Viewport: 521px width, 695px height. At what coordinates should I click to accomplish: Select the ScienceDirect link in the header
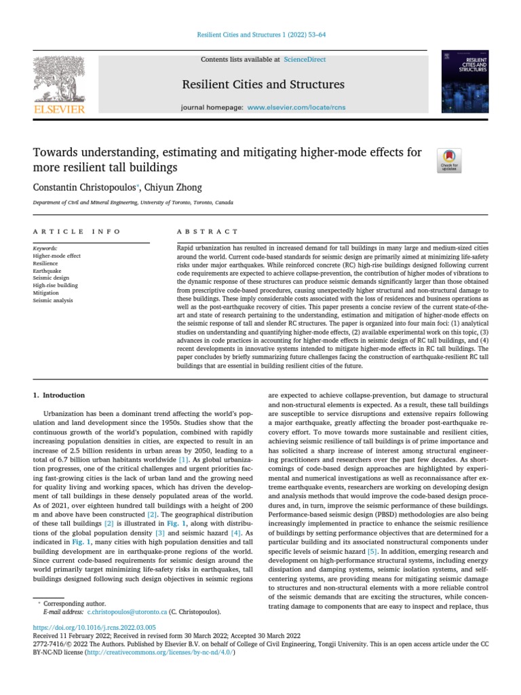tap(305, 60)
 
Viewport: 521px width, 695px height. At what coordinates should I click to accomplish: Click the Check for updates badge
tap(450, 160)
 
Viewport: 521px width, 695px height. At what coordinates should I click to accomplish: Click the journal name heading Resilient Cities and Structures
tap(263, 85)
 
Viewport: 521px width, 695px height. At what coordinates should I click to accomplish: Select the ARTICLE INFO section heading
tap(77, 232)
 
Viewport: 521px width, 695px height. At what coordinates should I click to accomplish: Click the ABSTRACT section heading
tap(208, 232)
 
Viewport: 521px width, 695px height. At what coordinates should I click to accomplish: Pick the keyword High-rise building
tap(55, 286)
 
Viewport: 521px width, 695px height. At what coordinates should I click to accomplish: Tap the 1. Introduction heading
tap(59, 395)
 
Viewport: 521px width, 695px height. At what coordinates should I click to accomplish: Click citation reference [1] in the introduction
tap(184, 460)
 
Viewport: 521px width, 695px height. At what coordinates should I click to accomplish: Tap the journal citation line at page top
tap(260, 35)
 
